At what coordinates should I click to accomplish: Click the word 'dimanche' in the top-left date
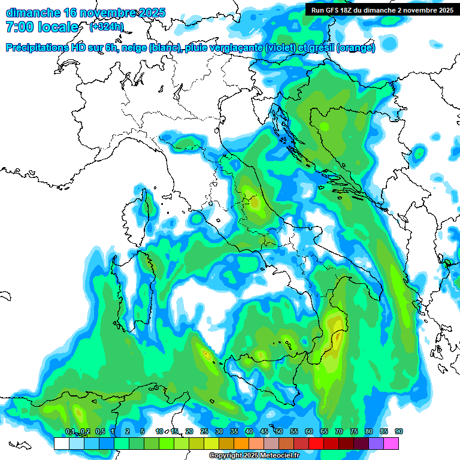click(x=31, y=13)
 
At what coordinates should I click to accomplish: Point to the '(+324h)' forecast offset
click(x=107, y=27)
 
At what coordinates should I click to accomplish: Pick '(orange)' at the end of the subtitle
click(x=356, y=48)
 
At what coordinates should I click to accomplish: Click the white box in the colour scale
click(x=61, y=443)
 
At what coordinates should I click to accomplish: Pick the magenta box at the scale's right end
click(x=391, y=443)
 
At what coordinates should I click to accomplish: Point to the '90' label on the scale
click(x=398, y=432)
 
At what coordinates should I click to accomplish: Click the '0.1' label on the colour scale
click(x=70, y=432)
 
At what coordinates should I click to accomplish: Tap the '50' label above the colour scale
click(x=279, y=432)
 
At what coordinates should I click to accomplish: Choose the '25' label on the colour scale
click(x=204, y=432)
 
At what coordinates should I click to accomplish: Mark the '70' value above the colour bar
click(x=339, y=432)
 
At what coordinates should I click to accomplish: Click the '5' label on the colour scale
click(x=143, y=432)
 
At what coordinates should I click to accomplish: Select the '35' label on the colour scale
click(x=234, y=432)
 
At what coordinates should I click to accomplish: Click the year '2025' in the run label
click(x=444, y=10)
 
